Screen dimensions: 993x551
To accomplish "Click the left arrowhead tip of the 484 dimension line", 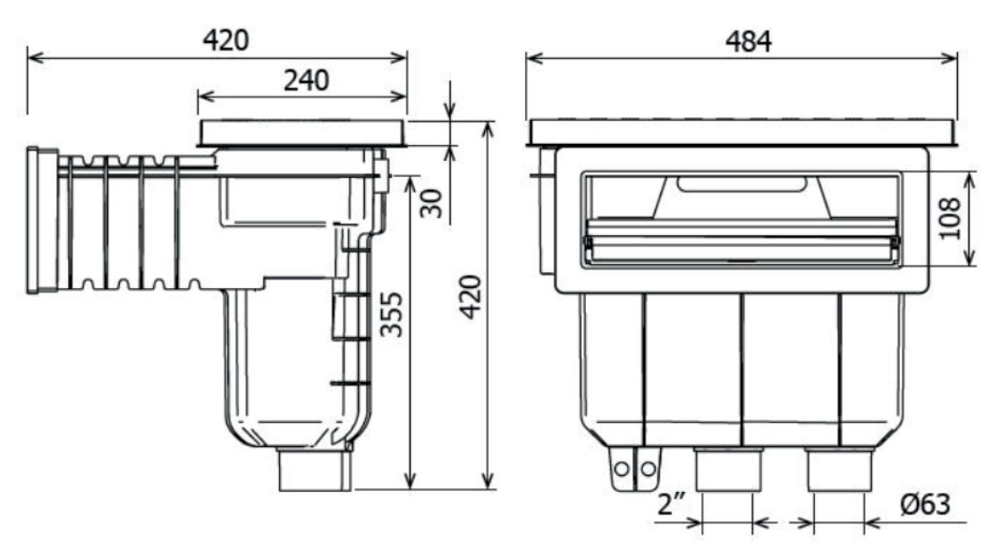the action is pos(527,58).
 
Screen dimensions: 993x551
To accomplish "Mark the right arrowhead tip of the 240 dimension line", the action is pos(406,97).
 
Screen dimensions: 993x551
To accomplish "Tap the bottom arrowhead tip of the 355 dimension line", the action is pos(411,489).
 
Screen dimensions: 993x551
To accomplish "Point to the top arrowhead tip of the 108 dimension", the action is pos(969,173).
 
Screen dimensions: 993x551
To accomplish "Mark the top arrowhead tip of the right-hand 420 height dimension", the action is pos(488,123).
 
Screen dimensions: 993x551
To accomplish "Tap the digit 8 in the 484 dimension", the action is pos(749,42).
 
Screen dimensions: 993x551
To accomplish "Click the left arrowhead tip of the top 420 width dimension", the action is pos(29,58).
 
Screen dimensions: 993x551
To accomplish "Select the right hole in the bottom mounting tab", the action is pos(647,470).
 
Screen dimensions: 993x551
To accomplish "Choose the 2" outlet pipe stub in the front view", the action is pos(727,470).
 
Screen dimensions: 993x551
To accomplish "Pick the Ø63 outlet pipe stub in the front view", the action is pos(840,470).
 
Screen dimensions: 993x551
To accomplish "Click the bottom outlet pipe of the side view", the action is pos(315,468).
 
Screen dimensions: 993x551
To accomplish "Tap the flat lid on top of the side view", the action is pos(302,133).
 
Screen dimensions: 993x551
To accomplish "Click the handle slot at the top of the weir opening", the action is pos(742,184).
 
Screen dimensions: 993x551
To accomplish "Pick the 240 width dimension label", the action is pos(306,81).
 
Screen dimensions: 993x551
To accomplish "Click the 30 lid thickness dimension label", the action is pos(432,203).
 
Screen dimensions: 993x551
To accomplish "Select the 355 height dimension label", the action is pos(391,314).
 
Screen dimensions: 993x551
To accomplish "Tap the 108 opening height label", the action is pos(950,218).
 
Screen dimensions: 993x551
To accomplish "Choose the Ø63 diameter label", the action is pos(925,504).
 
